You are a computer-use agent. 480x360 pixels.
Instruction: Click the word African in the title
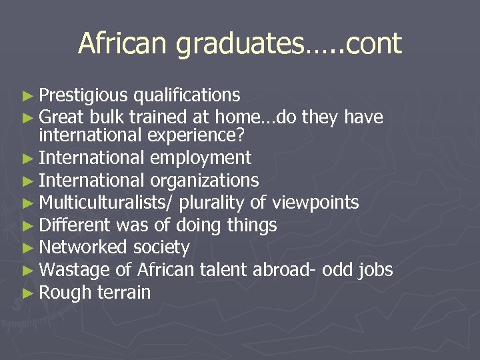point(123,44)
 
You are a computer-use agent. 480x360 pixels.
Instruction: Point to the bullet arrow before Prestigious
point(27,96)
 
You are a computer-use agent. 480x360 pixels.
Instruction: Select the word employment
point(200,159)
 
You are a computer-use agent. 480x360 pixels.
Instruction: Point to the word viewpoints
point(314,202)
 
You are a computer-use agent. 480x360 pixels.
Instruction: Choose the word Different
point(75,225)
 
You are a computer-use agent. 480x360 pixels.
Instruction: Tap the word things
point(251,226)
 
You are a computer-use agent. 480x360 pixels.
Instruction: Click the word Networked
point(83,247)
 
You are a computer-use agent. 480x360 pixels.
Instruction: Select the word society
point(161,248)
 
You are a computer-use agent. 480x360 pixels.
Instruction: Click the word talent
point(223,269)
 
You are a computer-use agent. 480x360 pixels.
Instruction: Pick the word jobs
point(375,270)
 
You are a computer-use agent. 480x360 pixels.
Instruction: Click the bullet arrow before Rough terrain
point(27,292)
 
